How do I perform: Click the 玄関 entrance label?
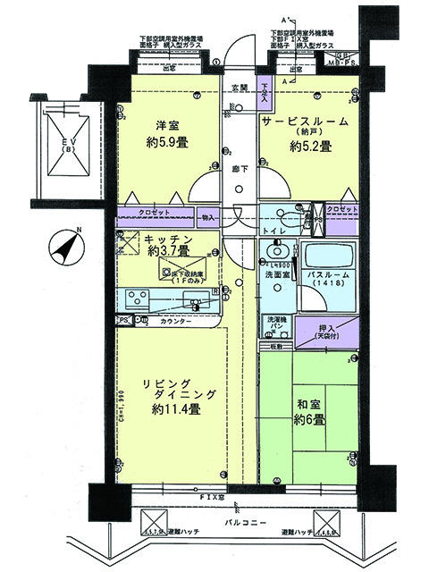(x=240, y=88)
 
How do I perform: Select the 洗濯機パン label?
(x=275, y=324)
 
